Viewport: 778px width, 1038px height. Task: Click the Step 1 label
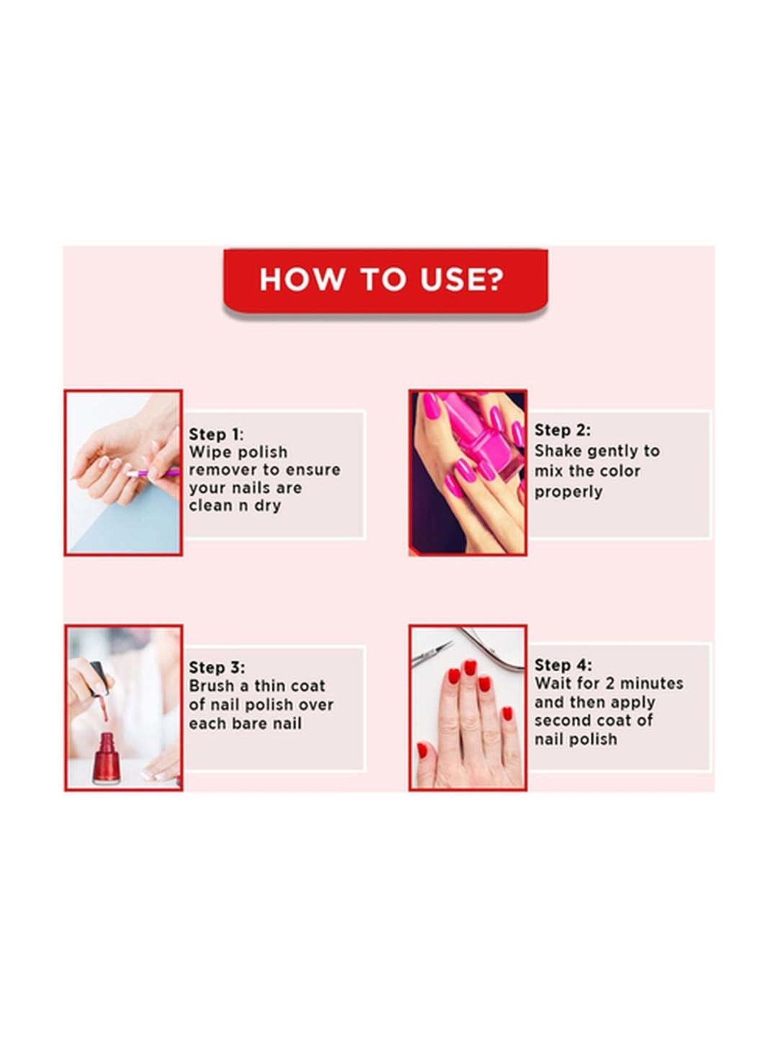[x=215, y=434]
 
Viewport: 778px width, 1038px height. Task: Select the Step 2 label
[x=562, y=430]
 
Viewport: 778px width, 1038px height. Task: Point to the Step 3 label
[x=216, y=667]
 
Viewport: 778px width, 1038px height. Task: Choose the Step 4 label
[x=563, y=665]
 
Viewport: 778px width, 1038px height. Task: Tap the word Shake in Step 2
[x=558, y=450]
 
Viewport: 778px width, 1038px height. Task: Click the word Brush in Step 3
[x=211, y=686]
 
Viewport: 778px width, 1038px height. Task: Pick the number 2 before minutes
[x=610, y=683]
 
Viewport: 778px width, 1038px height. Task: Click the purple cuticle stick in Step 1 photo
[x=156, y=473]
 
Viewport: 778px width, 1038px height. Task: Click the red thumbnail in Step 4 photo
[x=423, y=750]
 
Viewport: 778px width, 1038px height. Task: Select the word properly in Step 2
[x=568, y=491]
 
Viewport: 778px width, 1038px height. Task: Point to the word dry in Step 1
[x=267, y=506]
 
